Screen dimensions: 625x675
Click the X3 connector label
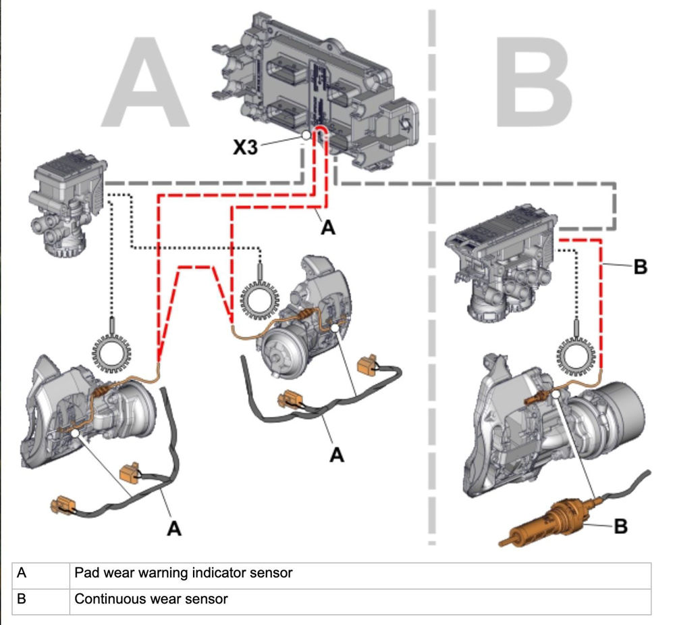point(245,147)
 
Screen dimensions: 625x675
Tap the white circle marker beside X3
point(306,136)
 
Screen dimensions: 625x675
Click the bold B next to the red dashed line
point(640,267)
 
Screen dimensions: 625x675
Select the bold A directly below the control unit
point(327,228)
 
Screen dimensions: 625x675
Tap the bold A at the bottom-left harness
point(174,528)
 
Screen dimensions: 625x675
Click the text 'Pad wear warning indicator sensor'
point(184,573)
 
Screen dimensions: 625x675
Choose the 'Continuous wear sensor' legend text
point(151,599)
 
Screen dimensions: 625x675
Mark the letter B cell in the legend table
point(22,599)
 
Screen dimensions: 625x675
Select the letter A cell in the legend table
point(22,573)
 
